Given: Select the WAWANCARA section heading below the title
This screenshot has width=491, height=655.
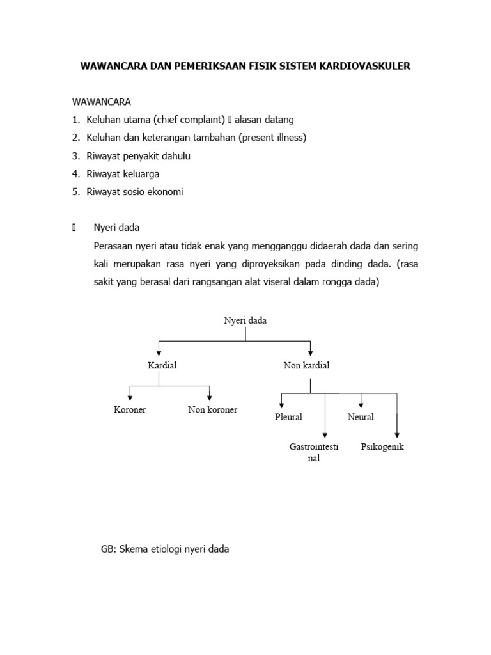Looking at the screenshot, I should (102, 102).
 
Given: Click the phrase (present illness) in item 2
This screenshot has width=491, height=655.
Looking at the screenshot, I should (273, 138).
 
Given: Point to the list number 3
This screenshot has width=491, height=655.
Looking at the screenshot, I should (75, 155).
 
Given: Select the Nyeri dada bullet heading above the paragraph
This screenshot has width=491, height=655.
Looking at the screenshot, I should (116, 227).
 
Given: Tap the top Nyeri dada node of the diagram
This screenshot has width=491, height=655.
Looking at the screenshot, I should (245, 320).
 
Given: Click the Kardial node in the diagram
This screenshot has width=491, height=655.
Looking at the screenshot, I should (162, 365).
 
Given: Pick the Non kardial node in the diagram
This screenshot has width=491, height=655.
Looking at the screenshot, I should (306, 365).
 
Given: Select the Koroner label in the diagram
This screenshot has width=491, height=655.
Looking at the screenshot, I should (130, 409).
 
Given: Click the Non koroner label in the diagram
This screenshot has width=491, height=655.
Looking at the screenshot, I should (212, 409).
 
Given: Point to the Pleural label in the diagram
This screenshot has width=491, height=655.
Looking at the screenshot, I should (288, 416).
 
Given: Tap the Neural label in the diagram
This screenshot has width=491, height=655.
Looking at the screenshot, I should (361, 416).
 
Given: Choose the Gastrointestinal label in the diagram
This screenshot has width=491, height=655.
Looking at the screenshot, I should (314, 452).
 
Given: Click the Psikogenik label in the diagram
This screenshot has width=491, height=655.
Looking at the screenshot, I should (382, 446).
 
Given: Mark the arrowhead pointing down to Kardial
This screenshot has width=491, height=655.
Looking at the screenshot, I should (159, 352).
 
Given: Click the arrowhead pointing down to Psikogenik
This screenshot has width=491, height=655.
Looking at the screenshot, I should (397, 435).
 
